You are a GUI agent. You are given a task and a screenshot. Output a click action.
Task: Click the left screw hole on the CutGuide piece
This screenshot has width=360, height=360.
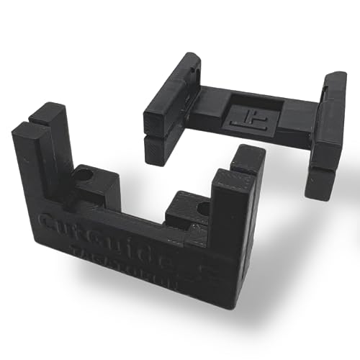tap(86, 175)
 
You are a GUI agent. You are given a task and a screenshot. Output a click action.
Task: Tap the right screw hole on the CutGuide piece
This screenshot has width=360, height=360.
tap(202, 209)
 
